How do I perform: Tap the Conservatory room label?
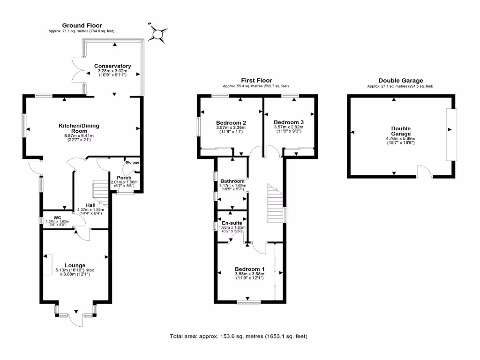(112, 66)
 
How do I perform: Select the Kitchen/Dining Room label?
(79, 129)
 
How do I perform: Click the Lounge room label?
(75, 265)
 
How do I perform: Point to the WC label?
(58, 217)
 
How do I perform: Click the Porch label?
(123, 178)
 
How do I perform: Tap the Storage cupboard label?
(132, 162)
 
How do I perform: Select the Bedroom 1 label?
(250, 269)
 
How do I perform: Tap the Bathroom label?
(232, 181)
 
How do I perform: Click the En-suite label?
(231, 224)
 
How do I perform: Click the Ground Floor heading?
(82, 25)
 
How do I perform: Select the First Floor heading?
(256, 81)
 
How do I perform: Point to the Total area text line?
(238, 337)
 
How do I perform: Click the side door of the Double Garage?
(424, 172)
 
